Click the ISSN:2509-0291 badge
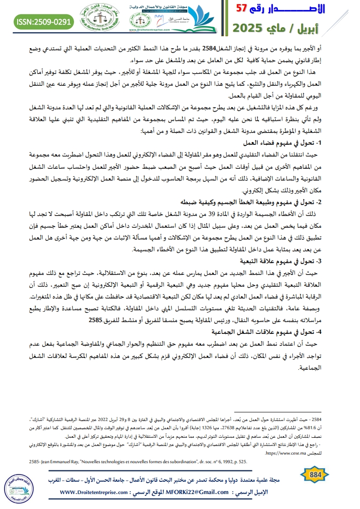click(44, 21)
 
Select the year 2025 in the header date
click(250, 28)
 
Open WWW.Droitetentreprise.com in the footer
click(95, 492)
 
